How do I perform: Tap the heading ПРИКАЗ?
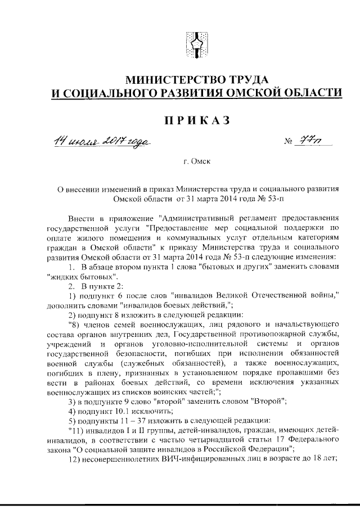click(193, 120)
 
